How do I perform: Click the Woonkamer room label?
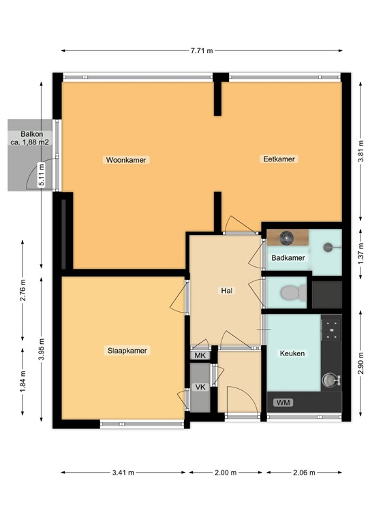(x=126, y=160)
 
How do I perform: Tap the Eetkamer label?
(x=279, y=159)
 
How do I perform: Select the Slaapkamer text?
(x=127, y=351)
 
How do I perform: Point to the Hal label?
(x=226, y=291)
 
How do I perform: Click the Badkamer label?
(x=288, y=258)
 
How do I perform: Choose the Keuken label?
(x=292, y=353)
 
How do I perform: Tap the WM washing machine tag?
(x=283, y=402)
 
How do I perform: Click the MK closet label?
(x=200, y=355)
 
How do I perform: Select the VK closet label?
(x=200, y=387)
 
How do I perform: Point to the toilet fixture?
(x=291, y=293)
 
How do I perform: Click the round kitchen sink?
(x=330, y=379)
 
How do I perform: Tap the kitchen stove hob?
(x=331, y=329)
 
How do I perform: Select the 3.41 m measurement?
(x=123, y=473)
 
